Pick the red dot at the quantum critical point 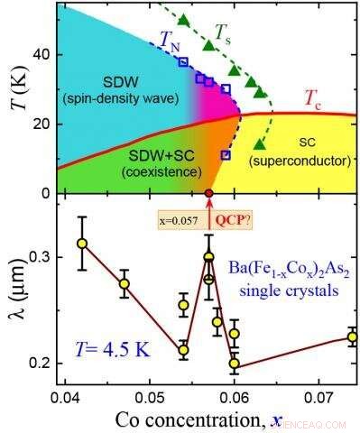click(x=209, y=193)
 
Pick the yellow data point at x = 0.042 click(x=82, y=243)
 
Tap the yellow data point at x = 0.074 click(x=352, y=337)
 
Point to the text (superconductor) click(x=304, y=161)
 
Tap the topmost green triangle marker click(x=184, y=20)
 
